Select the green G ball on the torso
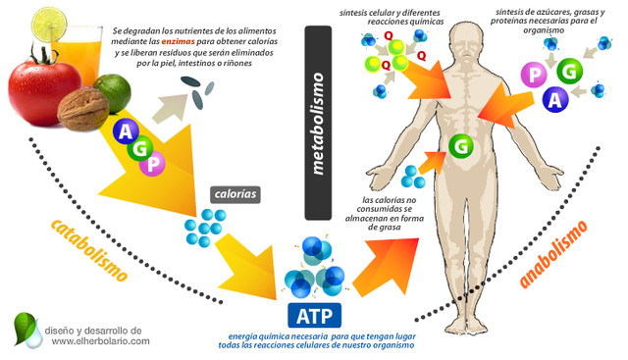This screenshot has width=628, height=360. (x=461, y=146)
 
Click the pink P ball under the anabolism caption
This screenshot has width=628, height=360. (x=537, y=76)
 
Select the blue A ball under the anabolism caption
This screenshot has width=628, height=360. (x=556, y=99)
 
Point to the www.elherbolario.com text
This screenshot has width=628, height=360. (x=101, y=341)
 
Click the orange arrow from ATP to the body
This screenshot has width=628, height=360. (x=382, y=252)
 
